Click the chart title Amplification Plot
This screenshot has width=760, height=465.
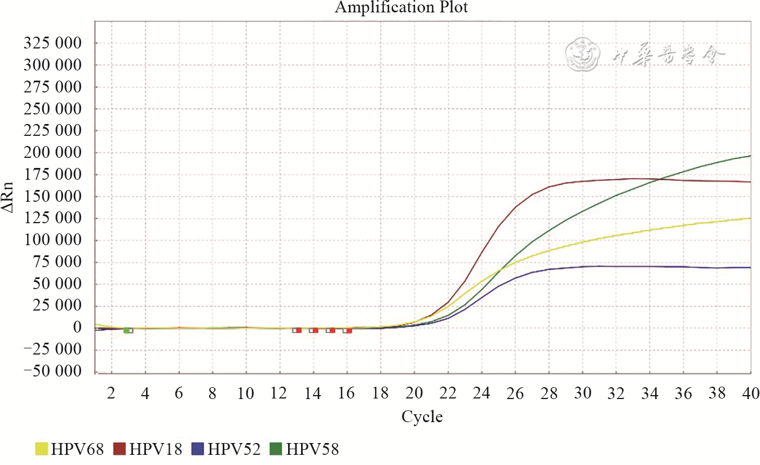point(401,8)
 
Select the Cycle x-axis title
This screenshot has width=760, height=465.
point(422,417)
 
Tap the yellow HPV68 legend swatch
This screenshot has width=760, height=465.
point(42,449)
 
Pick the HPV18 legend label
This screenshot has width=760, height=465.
point(155,449)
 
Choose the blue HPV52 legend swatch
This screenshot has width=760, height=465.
point(198,449)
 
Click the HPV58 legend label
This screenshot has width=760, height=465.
point(312,449)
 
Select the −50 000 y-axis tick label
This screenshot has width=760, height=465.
point(51,372)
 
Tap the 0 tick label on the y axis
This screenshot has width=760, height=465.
point(77,328)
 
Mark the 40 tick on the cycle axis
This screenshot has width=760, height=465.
point(750,393)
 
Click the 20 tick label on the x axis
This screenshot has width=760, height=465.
point(414,393)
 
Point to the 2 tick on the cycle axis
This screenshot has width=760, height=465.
point(112,393)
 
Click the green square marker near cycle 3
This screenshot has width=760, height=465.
point(127,330)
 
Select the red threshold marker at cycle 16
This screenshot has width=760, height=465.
point(348,330)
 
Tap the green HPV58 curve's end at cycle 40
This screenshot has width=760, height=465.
point(750,156)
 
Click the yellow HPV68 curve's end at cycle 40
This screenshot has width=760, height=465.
point(750,218)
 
